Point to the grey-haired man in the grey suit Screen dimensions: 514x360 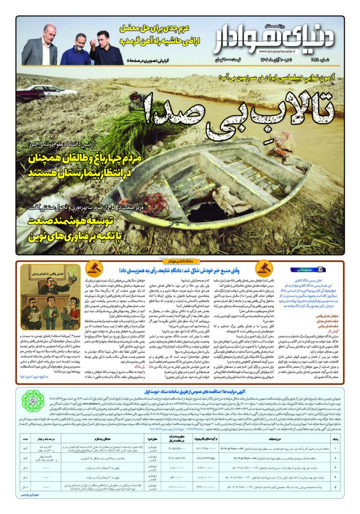[x=40, y=46]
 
